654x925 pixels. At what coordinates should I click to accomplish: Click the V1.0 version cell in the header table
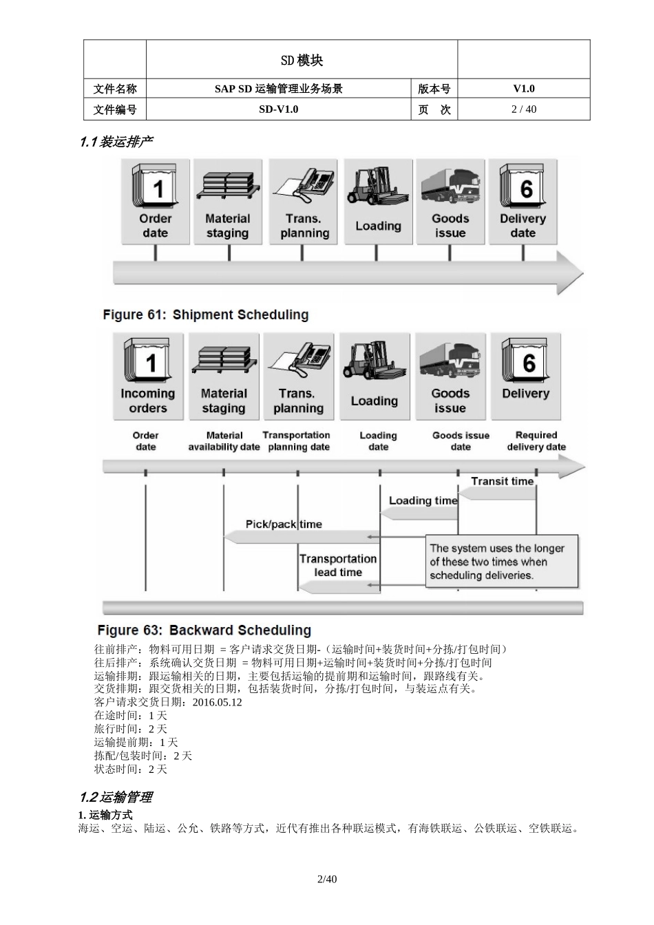click(x=523, y=89)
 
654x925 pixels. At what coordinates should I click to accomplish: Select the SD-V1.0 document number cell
click(x=278, y=109)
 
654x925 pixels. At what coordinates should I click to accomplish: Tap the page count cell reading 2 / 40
click(x=523, y=109)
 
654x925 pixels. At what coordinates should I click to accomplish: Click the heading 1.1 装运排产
click(x=116, y=142)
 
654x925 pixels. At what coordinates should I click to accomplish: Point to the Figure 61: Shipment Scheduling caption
click(x=205, y=315)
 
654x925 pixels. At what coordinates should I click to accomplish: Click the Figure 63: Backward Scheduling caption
click(x=204, y=630)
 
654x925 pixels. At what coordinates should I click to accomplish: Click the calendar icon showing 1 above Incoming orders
click(x=148, y=360)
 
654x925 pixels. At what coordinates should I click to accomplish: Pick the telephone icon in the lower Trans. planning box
click(x=299, y=360)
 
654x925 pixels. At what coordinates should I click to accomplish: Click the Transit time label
click(x=502, y=481)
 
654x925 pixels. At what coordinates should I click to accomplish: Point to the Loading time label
click(x=423, y=500)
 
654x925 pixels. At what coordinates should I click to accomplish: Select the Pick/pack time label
click(x=284, y=524)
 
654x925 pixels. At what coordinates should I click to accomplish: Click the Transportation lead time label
click(x=338, y=565)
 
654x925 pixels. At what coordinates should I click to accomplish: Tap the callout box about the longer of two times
click(x=502, y=562)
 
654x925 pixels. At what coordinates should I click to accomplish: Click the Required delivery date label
click(x=536, y=441)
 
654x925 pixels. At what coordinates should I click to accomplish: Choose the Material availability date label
click(x=224, y=441)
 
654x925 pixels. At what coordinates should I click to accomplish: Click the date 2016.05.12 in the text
click(x=218, y=703)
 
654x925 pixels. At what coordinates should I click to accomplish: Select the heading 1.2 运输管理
click(x=116, y=798)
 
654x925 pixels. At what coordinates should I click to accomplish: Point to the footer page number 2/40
click(x=327, y=879)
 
